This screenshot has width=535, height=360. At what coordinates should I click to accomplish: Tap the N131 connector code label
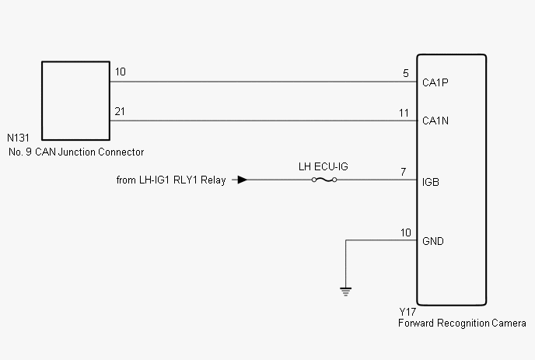pyautogui.click(x=18, y=138)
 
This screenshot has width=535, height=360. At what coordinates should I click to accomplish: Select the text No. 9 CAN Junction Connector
pyautogui.click(x=76, y=152)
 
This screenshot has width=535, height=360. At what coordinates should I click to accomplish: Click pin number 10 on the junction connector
pyautogui.click(x=121, y=72)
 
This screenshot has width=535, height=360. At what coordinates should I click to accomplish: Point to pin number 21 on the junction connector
pyautogui.click(x=120, y=112)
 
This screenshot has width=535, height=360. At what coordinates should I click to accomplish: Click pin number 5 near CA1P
pyautogui.click(x=406, y=73)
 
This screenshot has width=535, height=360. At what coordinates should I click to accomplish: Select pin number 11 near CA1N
pyautogui.click(x=404, y=113)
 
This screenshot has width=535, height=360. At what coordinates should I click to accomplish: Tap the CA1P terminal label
pyautogui.click(x=435, y=82)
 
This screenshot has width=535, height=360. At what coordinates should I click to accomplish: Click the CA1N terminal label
pyautogui.click(x=435, y=121)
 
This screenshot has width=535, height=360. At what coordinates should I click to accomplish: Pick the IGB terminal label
pyautogui.click(x=431, y=182)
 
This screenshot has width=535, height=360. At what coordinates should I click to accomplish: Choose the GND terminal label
pyautogui.click(x=433, y=241)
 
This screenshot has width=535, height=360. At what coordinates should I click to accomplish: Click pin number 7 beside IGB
pyautogui.click(x=404, y=172)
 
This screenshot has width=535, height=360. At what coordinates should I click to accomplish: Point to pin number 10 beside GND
pyautogui.click(x=406, y=232)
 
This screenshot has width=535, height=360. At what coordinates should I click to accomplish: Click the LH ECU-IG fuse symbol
pyautogui.click(x=324, y=180)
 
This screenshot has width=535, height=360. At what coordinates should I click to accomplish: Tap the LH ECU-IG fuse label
pyautogui.click(x=323, y=166)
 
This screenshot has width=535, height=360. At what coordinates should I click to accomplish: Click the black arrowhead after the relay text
pyautogui.click(x=243, y=180)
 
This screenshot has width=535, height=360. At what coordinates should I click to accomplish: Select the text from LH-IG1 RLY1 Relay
pyautogui.click(x=171, y=180)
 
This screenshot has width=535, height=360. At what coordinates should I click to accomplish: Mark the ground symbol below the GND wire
pyautogui.click(x=345, y=292)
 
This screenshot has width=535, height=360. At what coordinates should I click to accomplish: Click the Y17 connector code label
pyautogui.click(x=407, y=312)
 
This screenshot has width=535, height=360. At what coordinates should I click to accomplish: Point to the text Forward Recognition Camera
pyautogui.click(x=462, y=323)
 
